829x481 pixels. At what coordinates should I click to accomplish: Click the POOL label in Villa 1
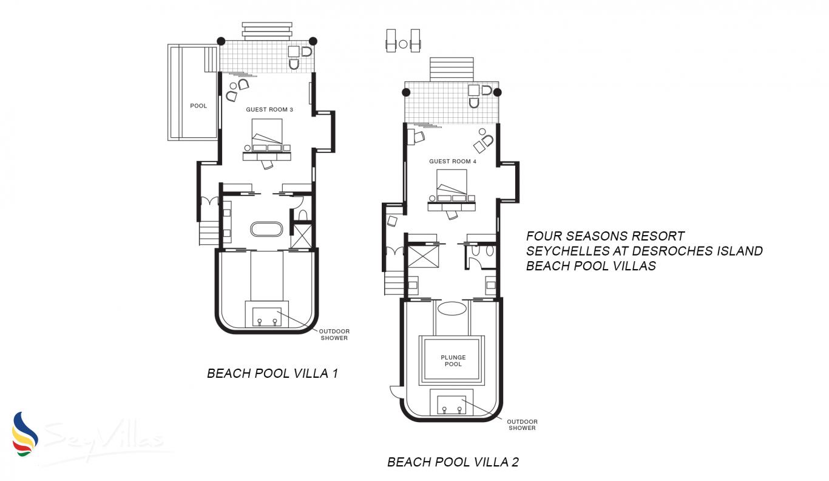(198, 106)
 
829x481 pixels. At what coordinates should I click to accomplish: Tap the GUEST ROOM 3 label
(269, 110)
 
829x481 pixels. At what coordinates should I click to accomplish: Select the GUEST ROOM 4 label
(453, 162)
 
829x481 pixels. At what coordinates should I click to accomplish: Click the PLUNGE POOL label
(453, 361)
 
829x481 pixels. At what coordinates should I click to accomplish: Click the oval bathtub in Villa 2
(452, 309)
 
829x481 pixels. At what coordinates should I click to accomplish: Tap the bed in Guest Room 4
(452, 186)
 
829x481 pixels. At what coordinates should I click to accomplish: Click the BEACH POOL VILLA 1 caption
(272, 374)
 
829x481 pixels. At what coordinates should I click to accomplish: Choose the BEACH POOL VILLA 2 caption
(453, 462)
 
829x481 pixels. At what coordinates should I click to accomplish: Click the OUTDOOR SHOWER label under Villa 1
(334, 335)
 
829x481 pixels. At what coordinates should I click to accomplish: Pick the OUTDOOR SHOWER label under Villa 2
(522, 425)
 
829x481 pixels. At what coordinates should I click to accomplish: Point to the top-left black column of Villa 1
(221, 41)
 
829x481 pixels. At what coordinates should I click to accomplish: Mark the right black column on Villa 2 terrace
(497, 92)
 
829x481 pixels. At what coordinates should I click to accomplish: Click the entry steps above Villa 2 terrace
(452, 69)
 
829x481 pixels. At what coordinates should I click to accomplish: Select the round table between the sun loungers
(403, 44)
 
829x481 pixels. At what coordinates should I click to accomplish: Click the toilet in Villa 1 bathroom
(303, 214)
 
